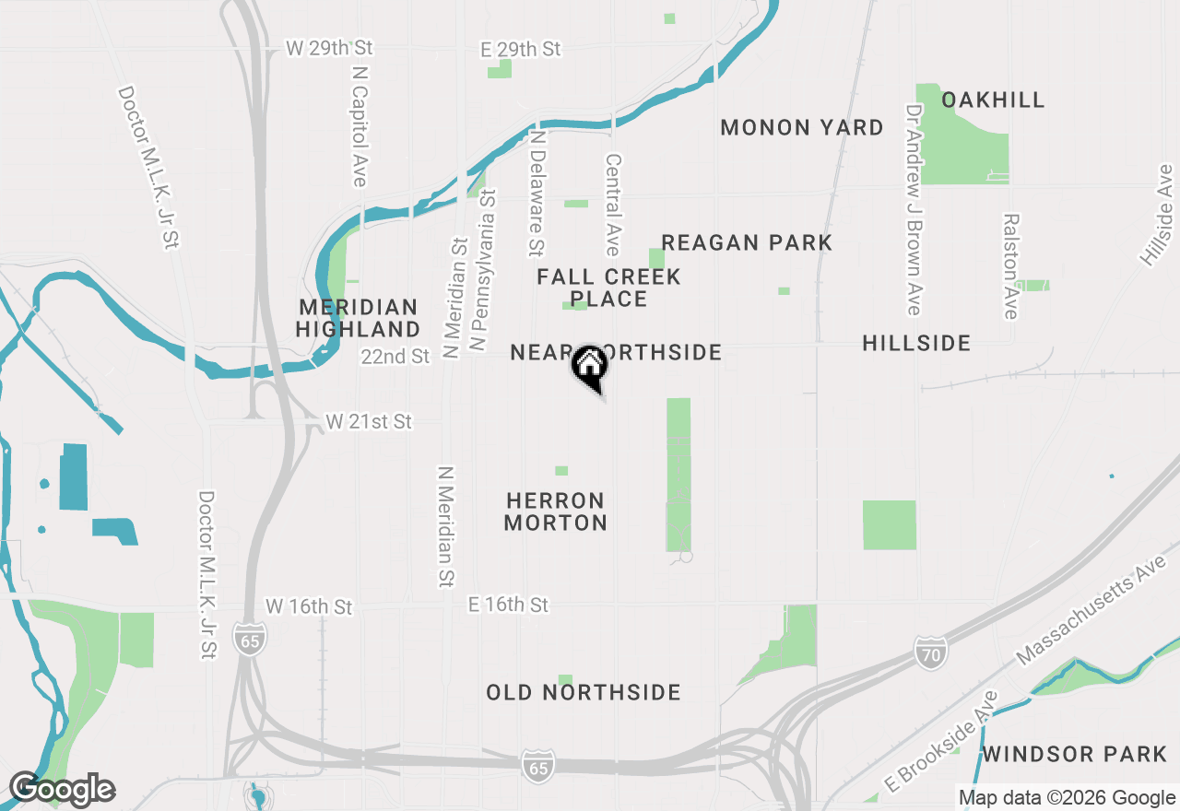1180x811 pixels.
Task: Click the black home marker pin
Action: click(x=590, y=366)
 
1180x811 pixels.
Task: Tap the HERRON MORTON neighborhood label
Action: click(x=556, y=511)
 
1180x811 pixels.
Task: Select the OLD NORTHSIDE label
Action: click(x=584, y=692)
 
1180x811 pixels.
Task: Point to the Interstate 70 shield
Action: click(x=932, y=652)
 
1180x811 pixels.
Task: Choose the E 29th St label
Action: click(x=520, y=49)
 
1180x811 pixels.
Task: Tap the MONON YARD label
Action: click(x=802, y=127)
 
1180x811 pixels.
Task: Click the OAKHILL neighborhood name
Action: click(x=993, y=100)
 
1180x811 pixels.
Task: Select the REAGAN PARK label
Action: click(x=747, y=242)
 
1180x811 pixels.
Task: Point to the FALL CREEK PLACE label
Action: click(x=608, y=288)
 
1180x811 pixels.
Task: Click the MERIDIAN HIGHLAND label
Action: click(x=359, y=318)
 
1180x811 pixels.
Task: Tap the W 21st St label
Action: click(x=369, y=422)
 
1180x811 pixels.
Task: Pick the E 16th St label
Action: click(x=508, y=605)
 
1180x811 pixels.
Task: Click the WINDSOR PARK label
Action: click(x=1074, y=755)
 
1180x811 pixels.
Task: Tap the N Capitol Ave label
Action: click(x=360, y=125)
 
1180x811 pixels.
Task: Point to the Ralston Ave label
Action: click(x=1012, y=266)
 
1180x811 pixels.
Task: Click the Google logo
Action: click(x=62, y=789)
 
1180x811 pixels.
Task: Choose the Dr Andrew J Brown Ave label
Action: click(x=914, y=209)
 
